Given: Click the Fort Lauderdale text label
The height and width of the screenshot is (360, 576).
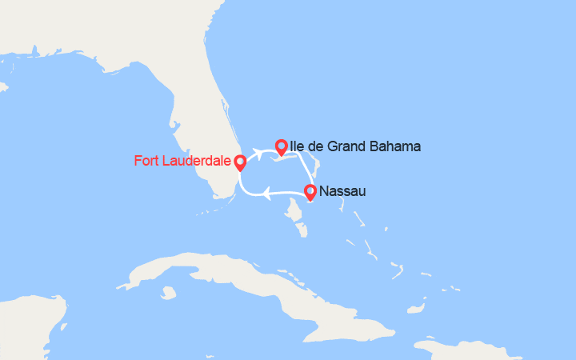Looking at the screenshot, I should [181, 161].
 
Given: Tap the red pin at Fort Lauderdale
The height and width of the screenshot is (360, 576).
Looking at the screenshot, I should [239, 162].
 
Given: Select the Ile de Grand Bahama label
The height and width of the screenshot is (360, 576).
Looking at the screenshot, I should [355, 146].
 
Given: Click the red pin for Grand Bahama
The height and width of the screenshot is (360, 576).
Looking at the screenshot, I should [281, 146].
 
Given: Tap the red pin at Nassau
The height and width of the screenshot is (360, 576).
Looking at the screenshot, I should [310, 191].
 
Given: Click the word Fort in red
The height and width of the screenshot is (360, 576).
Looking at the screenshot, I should [146, 161].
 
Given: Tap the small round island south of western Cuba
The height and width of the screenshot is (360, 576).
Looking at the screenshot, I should [168, 293].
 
